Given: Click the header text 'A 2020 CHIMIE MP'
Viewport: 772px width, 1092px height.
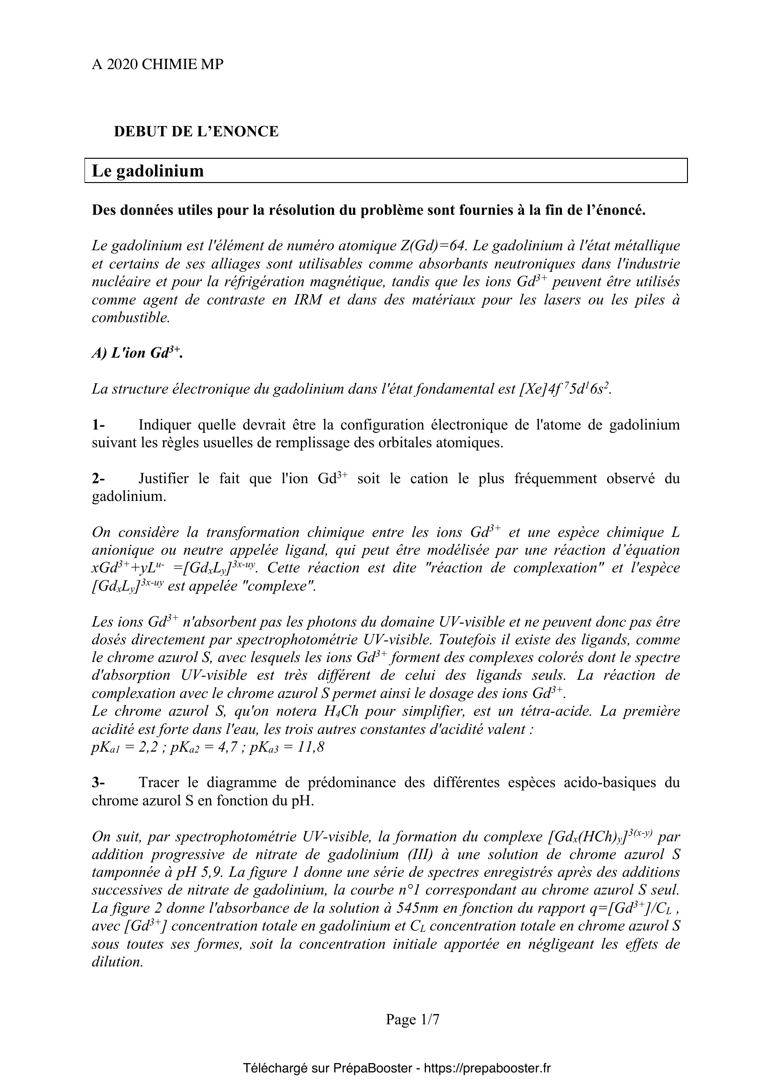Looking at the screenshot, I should (x=157, y=65).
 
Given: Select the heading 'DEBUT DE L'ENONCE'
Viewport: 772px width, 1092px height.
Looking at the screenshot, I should (x=196, y=132).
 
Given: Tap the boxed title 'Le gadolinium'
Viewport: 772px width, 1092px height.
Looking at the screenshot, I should (x=148, y=171).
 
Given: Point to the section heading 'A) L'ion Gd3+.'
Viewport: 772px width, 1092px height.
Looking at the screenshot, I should (x=137, y=353).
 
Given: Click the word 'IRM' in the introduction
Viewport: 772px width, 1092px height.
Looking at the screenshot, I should (x=305, y=300).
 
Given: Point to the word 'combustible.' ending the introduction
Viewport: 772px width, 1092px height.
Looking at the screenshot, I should (x=131, y=318).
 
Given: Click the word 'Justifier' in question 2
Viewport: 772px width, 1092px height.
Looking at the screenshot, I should (x=163, y=479).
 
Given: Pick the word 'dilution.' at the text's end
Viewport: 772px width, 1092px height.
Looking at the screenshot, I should (x=118, y=962).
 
